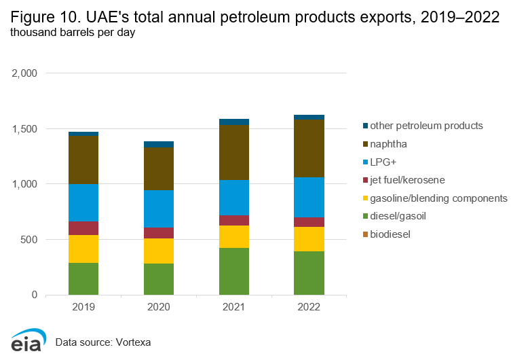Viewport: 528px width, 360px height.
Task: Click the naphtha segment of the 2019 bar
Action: (83, 160)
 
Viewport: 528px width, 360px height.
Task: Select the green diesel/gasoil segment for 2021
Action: (234, 271)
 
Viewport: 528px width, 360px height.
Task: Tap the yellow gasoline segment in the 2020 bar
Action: (159, 251)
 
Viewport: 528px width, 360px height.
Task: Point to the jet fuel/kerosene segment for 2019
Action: (83, 228)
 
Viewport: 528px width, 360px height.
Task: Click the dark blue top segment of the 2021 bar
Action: (234, 122)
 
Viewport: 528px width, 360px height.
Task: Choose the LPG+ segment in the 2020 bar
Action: (159, 209)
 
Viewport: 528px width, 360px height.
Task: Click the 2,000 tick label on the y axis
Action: (26, 73)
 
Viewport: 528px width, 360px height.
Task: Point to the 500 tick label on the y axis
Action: (30, 240)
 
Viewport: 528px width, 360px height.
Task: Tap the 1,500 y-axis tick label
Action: (26, 128)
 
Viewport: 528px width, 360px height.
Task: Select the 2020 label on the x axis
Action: (159, 307)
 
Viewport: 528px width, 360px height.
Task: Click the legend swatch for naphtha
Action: (366, 144)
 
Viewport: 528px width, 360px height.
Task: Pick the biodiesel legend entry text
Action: (390, 234)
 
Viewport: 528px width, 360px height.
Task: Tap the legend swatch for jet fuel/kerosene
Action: (366, 180)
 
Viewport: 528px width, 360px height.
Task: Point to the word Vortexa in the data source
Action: (132, 342)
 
